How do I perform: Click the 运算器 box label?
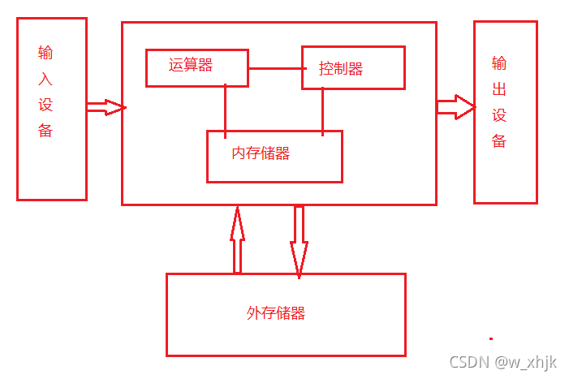(191, 66)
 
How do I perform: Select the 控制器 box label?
(341, 69)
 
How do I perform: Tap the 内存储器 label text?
(261, 153)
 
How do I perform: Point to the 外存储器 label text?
(276, 313)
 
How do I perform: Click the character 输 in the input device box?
(45, 54)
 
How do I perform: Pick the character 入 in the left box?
(45, 80)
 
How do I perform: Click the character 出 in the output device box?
(499, 89)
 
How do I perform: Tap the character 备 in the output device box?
(499, 141)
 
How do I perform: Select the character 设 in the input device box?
(45, 106)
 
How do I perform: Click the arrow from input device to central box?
(106, 107)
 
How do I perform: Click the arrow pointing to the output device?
(456, 107)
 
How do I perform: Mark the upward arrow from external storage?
(237, 239)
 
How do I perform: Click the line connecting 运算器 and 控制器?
(274, 68)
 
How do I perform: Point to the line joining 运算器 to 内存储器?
(226, 107)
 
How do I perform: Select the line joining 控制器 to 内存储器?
(323, 110)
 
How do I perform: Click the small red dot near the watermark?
(490, 337)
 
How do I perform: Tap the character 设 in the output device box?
(499, 115)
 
